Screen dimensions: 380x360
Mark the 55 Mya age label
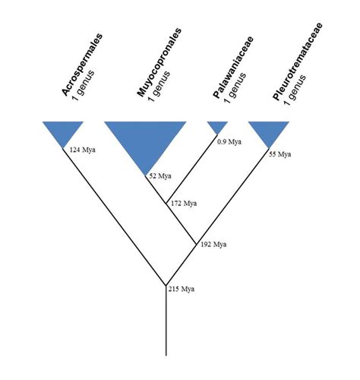(x=281, y=154)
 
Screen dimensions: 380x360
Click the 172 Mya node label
(x=185, y=204)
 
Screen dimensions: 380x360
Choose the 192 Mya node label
(x=215, y=245)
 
